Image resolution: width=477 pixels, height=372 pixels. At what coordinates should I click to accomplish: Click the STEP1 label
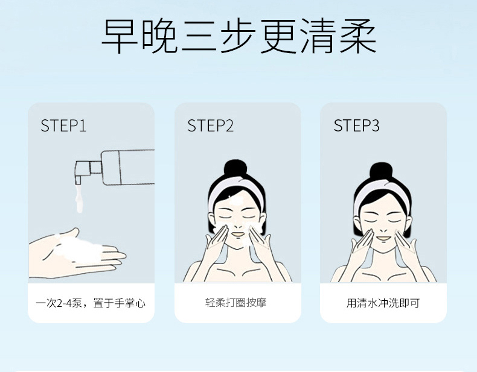(x=63, y=125)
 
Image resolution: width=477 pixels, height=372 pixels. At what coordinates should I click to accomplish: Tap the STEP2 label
(x=210, y=125)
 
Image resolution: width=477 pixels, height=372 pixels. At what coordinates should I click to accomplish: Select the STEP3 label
(x=356, y=125)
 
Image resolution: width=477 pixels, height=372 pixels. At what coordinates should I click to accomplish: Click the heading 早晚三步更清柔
(x=239, y=36)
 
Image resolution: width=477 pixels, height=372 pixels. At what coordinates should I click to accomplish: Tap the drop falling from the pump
(x=79, y=199)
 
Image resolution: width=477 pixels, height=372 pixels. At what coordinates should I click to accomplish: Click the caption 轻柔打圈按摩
(x=235, y=303)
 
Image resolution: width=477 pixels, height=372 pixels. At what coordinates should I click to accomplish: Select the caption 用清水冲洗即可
(x=383, y=303)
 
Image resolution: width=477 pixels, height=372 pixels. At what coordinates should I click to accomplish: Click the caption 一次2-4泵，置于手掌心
(x=91, y=303)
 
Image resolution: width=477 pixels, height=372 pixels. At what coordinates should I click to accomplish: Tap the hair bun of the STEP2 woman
(x=235, y=168)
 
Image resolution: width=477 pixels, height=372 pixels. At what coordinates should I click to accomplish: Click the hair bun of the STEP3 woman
(x=381, y=171)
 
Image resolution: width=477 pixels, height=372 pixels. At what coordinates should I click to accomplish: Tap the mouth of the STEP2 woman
(x=238, y=235)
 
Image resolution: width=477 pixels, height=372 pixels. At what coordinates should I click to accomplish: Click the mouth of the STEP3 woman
(x=383, y=237)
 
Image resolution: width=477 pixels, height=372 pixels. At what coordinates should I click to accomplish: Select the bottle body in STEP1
(x=128, y=168)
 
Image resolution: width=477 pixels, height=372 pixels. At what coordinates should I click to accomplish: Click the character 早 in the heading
(x=118, y=36)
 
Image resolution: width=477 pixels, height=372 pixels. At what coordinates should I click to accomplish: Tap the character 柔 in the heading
(x=359, y=36)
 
